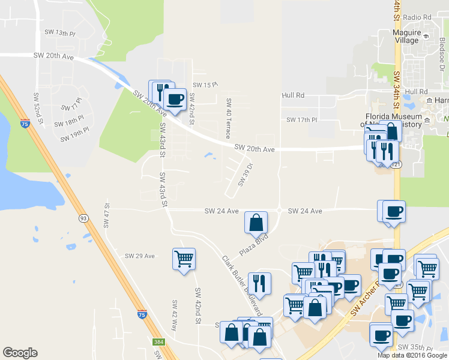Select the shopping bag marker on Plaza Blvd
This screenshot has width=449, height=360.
click(256, 223)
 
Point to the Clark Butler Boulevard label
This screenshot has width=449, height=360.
click(243, 286)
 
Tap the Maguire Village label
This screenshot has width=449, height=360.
click(406, 36)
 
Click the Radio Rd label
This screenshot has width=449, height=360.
click(418, 17)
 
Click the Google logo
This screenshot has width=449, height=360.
click(20, 353)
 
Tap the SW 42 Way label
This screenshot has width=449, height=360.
click(175, 316)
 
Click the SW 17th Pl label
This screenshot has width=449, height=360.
click(301, 119)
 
